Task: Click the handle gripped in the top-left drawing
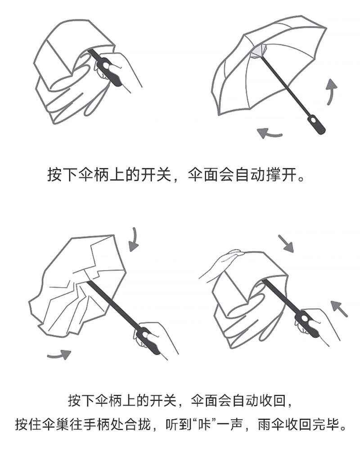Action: (x=108, y=70)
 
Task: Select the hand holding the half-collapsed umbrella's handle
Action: (x=157, y=338)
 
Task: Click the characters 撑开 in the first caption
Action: (x=282, y=175)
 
